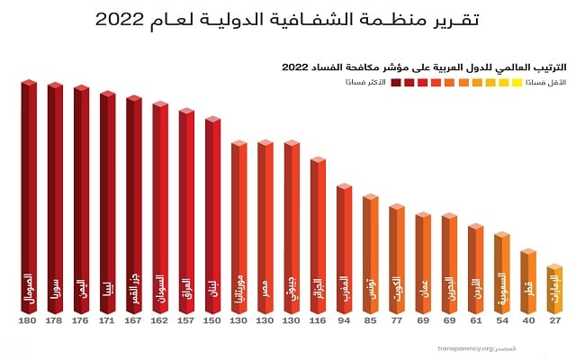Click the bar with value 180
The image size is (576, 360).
[29, 198]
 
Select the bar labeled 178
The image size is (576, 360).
[55, 200]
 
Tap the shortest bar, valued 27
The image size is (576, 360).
[554, 290]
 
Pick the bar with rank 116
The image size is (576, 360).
[318, 237]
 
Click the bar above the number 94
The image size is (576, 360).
[344, 249]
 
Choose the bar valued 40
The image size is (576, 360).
[528, 280]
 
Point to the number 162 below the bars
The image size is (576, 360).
[159, 321]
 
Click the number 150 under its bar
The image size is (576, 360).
[212, 321]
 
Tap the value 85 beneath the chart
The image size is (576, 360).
[370, 321]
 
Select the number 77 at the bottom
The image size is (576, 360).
[396, 321]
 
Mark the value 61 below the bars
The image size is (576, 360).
[475, 321]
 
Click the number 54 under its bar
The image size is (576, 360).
[501, 321]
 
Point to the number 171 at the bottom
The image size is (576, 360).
[107, 321]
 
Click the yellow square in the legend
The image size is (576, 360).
[517, 83]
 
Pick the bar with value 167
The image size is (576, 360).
[133, 206]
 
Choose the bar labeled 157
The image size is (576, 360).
[186, 212]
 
